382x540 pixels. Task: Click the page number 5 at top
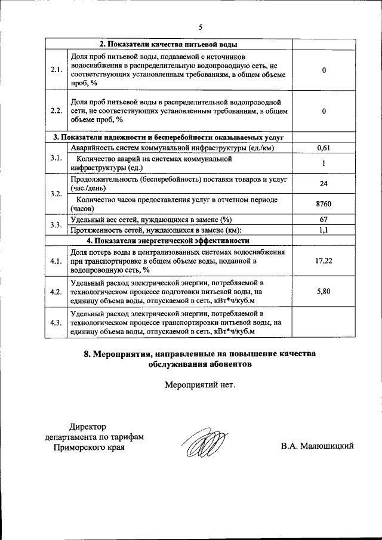coord(201,27)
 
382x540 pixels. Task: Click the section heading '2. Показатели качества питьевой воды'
coord(168,45)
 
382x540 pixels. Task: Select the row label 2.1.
coord(57,70)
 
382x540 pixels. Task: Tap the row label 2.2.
coord(57,110)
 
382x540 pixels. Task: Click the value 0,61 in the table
coord(323,147)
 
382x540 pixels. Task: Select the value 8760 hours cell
coord(323,204)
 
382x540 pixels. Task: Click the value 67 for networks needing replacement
coord(323,220)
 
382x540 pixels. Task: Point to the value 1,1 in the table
coord(323,230)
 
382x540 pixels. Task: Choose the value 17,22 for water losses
coord(323,261)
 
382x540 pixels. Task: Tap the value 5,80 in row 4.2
coord(323,291)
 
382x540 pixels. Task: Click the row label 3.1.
coord(57,158)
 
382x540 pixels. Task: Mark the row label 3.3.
coord(57,225)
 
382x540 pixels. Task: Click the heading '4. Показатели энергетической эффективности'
coord(168,240)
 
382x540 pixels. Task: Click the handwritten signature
coord(204,442)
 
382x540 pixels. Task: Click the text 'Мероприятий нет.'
coord(200,384)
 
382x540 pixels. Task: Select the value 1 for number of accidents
coord(323,163)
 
